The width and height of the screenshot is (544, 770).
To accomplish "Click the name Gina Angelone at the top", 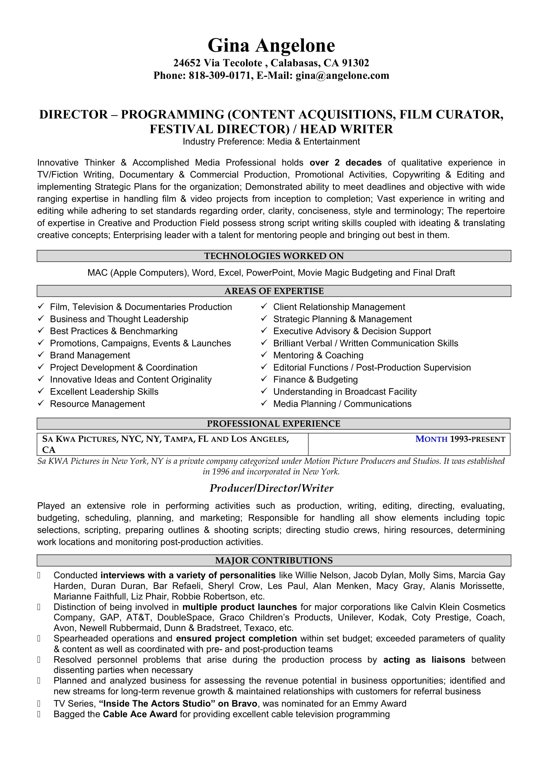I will [x=271, y=46].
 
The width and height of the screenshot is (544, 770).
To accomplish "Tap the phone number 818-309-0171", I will [x=220, y=75].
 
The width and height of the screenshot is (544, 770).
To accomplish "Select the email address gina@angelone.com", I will [x=342, y=75].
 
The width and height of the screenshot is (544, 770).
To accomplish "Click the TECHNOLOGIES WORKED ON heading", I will [x=274, y=256].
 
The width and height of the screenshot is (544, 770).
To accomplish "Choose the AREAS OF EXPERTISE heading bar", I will [x=274, y=291].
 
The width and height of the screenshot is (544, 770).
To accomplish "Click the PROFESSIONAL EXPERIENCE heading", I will [x=273, y=424].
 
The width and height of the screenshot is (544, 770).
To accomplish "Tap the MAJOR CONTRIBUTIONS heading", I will [x=274, y=560].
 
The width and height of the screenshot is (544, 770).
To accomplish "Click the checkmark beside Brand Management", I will [x=41, y=355].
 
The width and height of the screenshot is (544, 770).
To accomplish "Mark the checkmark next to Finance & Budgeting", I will [x=264, y=379].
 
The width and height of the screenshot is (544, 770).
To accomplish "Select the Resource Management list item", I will [x=97, y=404].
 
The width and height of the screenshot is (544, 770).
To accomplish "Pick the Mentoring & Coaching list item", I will [x=318, y=355].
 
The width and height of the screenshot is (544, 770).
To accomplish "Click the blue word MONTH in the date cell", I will [x=431, y=439].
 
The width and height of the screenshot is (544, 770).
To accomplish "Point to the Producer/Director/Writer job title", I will [x=271, y=488].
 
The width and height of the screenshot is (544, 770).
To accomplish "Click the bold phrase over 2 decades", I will [x=345, y=163].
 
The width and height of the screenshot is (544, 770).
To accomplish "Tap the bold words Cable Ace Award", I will [x=140, y=714].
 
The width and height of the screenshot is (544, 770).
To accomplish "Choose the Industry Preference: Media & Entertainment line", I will [x=271, y=142].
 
